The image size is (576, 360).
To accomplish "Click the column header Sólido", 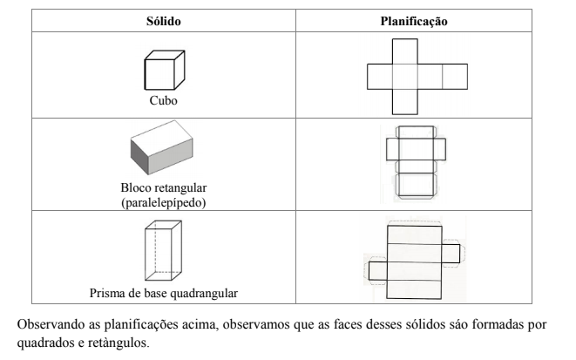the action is [164, 21].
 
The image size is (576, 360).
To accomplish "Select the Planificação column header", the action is [414, 21].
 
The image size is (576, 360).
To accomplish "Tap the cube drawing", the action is [165, 70].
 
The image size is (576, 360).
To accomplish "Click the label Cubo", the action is [164, 100].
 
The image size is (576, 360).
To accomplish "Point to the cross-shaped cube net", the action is [417, 77].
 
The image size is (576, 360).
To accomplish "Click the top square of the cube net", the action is [405, 51].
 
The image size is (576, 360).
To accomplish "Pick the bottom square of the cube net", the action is [405, 102].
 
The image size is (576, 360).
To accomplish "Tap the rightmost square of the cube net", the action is [455, 77].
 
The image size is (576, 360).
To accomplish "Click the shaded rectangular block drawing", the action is [161, 147].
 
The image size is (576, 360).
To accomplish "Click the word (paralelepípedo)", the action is [164, 202].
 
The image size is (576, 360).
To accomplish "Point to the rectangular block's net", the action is [417, 162].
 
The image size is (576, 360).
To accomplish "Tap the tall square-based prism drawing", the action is [163, 250].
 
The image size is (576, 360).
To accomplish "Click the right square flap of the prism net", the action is [451, 254].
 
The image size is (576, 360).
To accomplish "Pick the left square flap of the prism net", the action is [377, 271].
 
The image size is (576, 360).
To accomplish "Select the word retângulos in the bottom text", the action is [119, 343].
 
